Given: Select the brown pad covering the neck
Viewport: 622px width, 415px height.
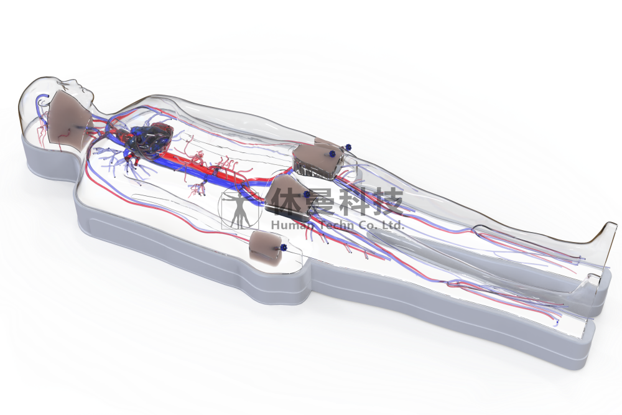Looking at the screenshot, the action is point(70,119).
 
